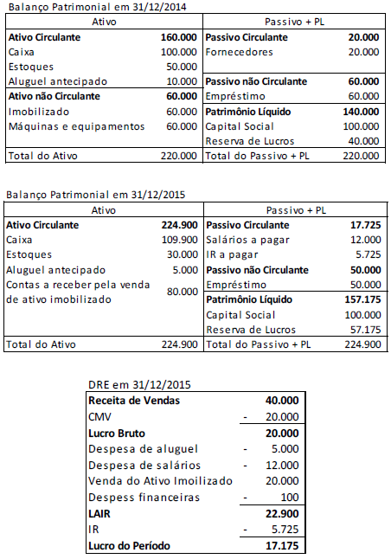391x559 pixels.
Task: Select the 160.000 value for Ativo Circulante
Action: (x=179, y=38)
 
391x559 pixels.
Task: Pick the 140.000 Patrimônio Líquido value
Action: (x=362, y=112)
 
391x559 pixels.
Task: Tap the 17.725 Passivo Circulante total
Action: (x=363, y=224)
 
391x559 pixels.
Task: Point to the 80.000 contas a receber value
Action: (x=181, y=292)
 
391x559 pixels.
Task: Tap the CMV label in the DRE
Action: (x=100, y=415)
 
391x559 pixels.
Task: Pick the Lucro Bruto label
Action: (x=119, y=433)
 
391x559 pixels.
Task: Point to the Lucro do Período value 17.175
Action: (x=282, y=546)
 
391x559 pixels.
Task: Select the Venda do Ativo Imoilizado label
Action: (x=160, y=481)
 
